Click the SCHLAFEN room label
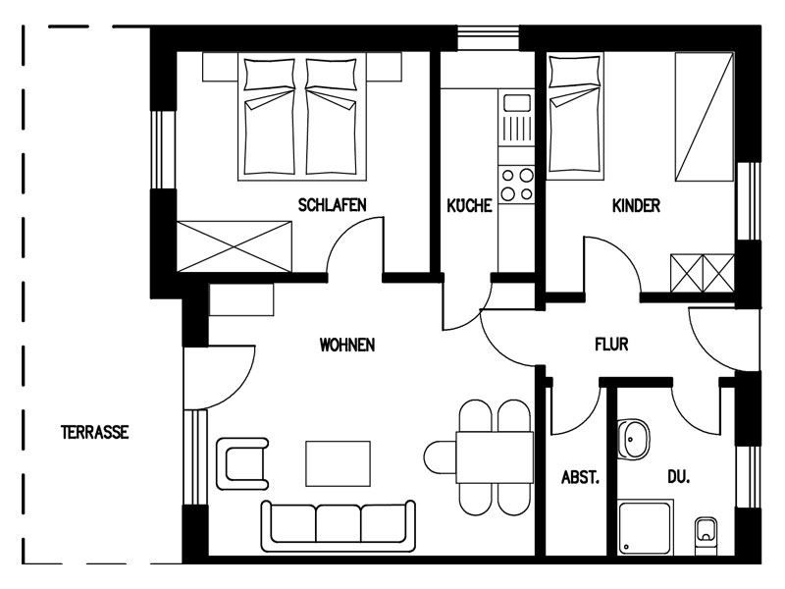point(332,205)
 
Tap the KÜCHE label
point(469,205)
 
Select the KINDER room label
point(636,206)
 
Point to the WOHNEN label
point(347,345)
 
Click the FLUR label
point(611,345)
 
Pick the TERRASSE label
point(94,432)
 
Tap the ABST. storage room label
point(580,477)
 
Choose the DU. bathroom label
point(678,477)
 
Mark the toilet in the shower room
point(706,536)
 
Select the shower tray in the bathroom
point(645,526)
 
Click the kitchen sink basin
point(517,103)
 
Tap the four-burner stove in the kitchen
point(517,185)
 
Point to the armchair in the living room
point(242,463)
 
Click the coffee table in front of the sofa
point(338,463)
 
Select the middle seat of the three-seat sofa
point(338,523)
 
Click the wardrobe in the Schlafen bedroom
point(234,246)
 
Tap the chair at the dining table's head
point(440,456)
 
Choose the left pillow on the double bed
point(269,75)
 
